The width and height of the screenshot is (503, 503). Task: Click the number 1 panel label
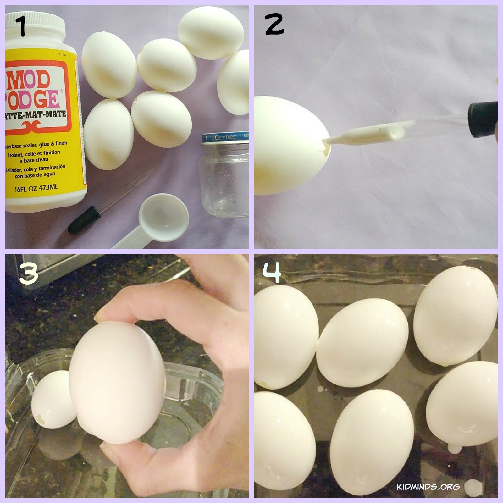pyautogui.click(x=21, y=26)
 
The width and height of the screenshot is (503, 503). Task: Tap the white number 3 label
pyautogui.click(x=28, y=274)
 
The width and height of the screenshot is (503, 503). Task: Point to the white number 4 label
pyautogui.click(x=272, y=272)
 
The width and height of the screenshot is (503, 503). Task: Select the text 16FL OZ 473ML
pyautogui.click(x=36, y=188)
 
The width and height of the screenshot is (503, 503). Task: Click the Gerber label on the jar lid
pyautogui.click(x=225, y=137)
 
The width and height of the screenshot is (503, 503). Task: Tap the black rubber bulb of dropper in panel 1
pyautogui.click(x=84, y=220)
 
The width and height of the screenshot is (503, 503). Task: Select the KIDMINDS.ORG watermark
pyautogui.click(x=428, y=487)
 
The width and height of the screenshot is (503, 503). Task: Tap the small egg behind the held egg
pyautogui.click(x=52, y=399)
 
